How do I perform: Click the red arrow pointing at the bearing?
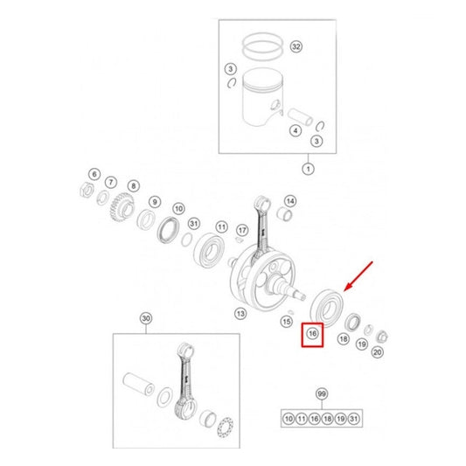(x=358, y=276)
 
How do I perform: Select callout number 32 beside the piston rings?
(x=296, y=46)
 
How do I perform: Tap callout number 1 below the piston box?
(x=309, y=169)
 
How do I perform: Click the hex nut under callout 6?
(x=87, y=190)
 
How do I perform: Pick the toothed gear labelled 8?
(x=122, y=207)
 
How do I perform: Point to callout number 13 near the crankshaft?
(x=240, y=314)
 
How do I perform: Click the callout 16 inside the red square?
(x=312, y=334)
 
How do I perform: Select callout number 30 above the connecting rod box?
(x=146, y=318)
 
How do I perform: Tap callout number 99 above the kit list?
(x=322, y=394)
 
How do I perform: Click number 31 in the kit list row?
(x=354, y=419)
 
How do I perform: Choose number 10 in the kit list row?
(x=289, y=419)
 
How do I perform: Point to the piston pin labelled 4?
(x=300, y=117)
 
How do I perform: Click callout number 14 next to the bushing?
(x=290, y=201)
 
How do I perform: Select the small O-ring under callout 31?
(x=186, y=240)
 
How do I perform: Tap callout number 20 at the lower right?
(x=377, y=352)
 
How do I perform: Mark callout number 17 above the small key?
(x=242, y=230)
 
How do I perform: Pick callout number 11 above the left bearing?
(x=222, y=227)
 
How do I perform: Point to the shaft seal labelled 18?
(x=352, y=322)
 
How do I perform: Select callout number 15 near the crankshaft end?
(x=287, y=322)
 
